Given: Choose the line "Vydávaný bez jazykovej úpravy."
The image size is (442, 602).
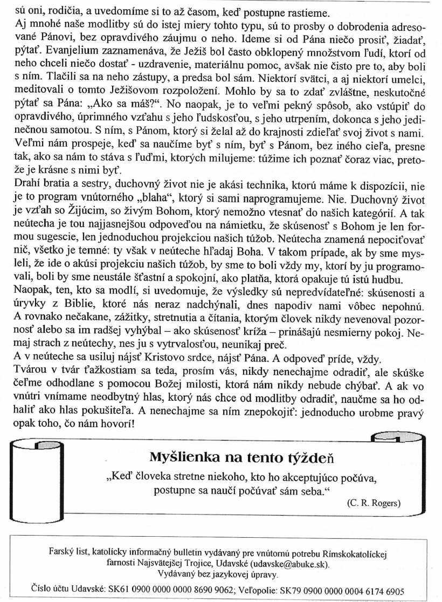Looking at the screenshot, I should (221, 574).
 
